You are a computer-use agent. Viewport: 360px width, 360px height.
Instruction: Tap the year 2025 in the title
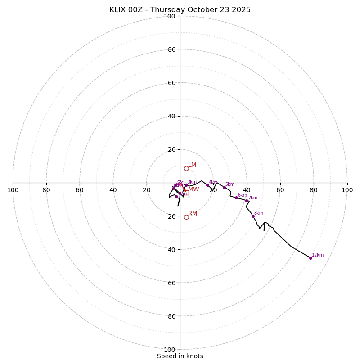tap(241, 10)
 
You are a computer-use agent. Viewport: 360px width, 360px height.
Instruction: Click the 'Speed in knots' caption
tap(180, 356)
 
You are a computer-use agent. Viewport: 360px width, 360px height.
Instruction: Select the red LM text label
tap(192, 165)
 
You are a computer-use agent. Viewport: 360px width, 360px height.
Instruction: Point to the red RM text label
tap(193, 214)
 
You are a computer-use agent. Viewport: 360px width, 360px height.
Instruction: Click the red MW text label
tap(193, 189)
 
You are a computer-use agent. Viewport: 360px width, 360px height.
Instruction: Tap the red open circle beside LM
tap(186, 168)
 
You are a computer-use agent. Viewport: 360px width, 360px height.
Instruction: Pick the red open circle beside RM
tap(186, 217)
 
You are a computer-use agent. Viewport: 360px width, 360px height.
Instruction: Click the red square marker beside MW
tap(186, 193)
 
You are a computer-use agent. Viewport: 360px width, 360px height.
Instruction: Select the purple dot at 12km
tap(310, 258)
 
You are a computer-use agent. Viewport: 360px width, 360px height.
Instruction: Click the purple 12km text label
tap(318, 255)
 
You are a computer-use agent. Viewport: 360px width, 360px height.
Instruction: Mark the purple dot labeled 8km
tap(253, 216)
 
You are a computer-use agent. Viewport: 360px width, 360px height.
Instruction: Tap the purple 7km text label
tap(253, 198)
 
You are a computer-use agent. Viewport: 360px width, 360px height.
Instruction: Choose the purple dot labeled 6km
tap(236, 198)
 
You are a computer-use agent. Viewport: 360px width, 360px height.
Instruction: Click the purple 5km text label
tap(230, 184)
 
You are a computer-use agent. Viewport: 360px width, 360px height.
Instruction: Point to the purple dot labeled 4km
tap(207, 185)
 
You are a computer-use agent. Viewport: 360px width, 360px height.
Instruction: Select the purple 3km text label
tap(192, 182)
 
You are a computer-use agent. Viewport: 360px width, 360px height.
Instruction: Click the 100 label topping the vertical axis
tap(170, 16)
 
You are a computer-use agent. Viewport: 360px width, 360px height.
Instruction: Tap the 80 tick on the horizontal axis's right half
tap(314, 190)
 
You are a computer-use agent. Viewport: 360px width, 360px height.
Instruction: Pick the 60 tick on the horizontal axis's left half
tap(80, 190)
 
